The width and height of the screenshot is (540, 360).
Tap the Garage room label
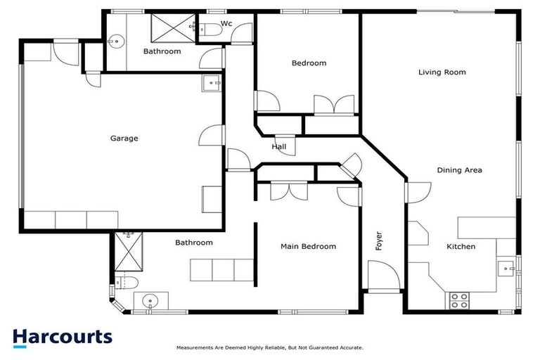(x=124, y=139)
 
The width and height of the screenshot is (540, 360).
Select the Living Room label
(x=442, y=72)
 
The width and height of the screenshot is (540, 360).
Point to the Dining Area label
(x=459, y=170)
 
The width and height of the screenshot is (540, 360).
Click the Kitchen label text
(x=461, y=247)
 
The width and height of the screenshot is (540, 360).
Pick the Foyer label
(x=378, y=241)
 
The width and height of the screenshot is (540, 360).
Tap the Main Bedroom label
(x=308, y=247)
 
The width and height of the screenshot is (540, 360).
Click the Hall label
(x=279, y=147)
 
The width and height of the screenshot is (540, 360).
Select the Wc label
(x=226, y=24)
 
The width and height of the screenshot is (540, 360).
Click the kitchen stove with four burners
(x=459, y=300)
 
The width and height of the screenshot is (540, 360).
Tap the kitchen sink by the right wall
(x=506, y=268)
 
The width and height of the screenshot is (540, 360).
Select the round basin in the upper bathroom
(x=116, y=41)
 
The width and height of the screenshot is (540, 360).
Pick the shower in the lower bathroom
(x=129, y=252)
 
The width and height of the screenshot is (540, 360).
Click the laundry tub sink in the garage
(x=211, y=84)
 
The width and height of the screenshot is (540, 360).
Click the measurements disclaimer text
(x=269, y=347)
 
